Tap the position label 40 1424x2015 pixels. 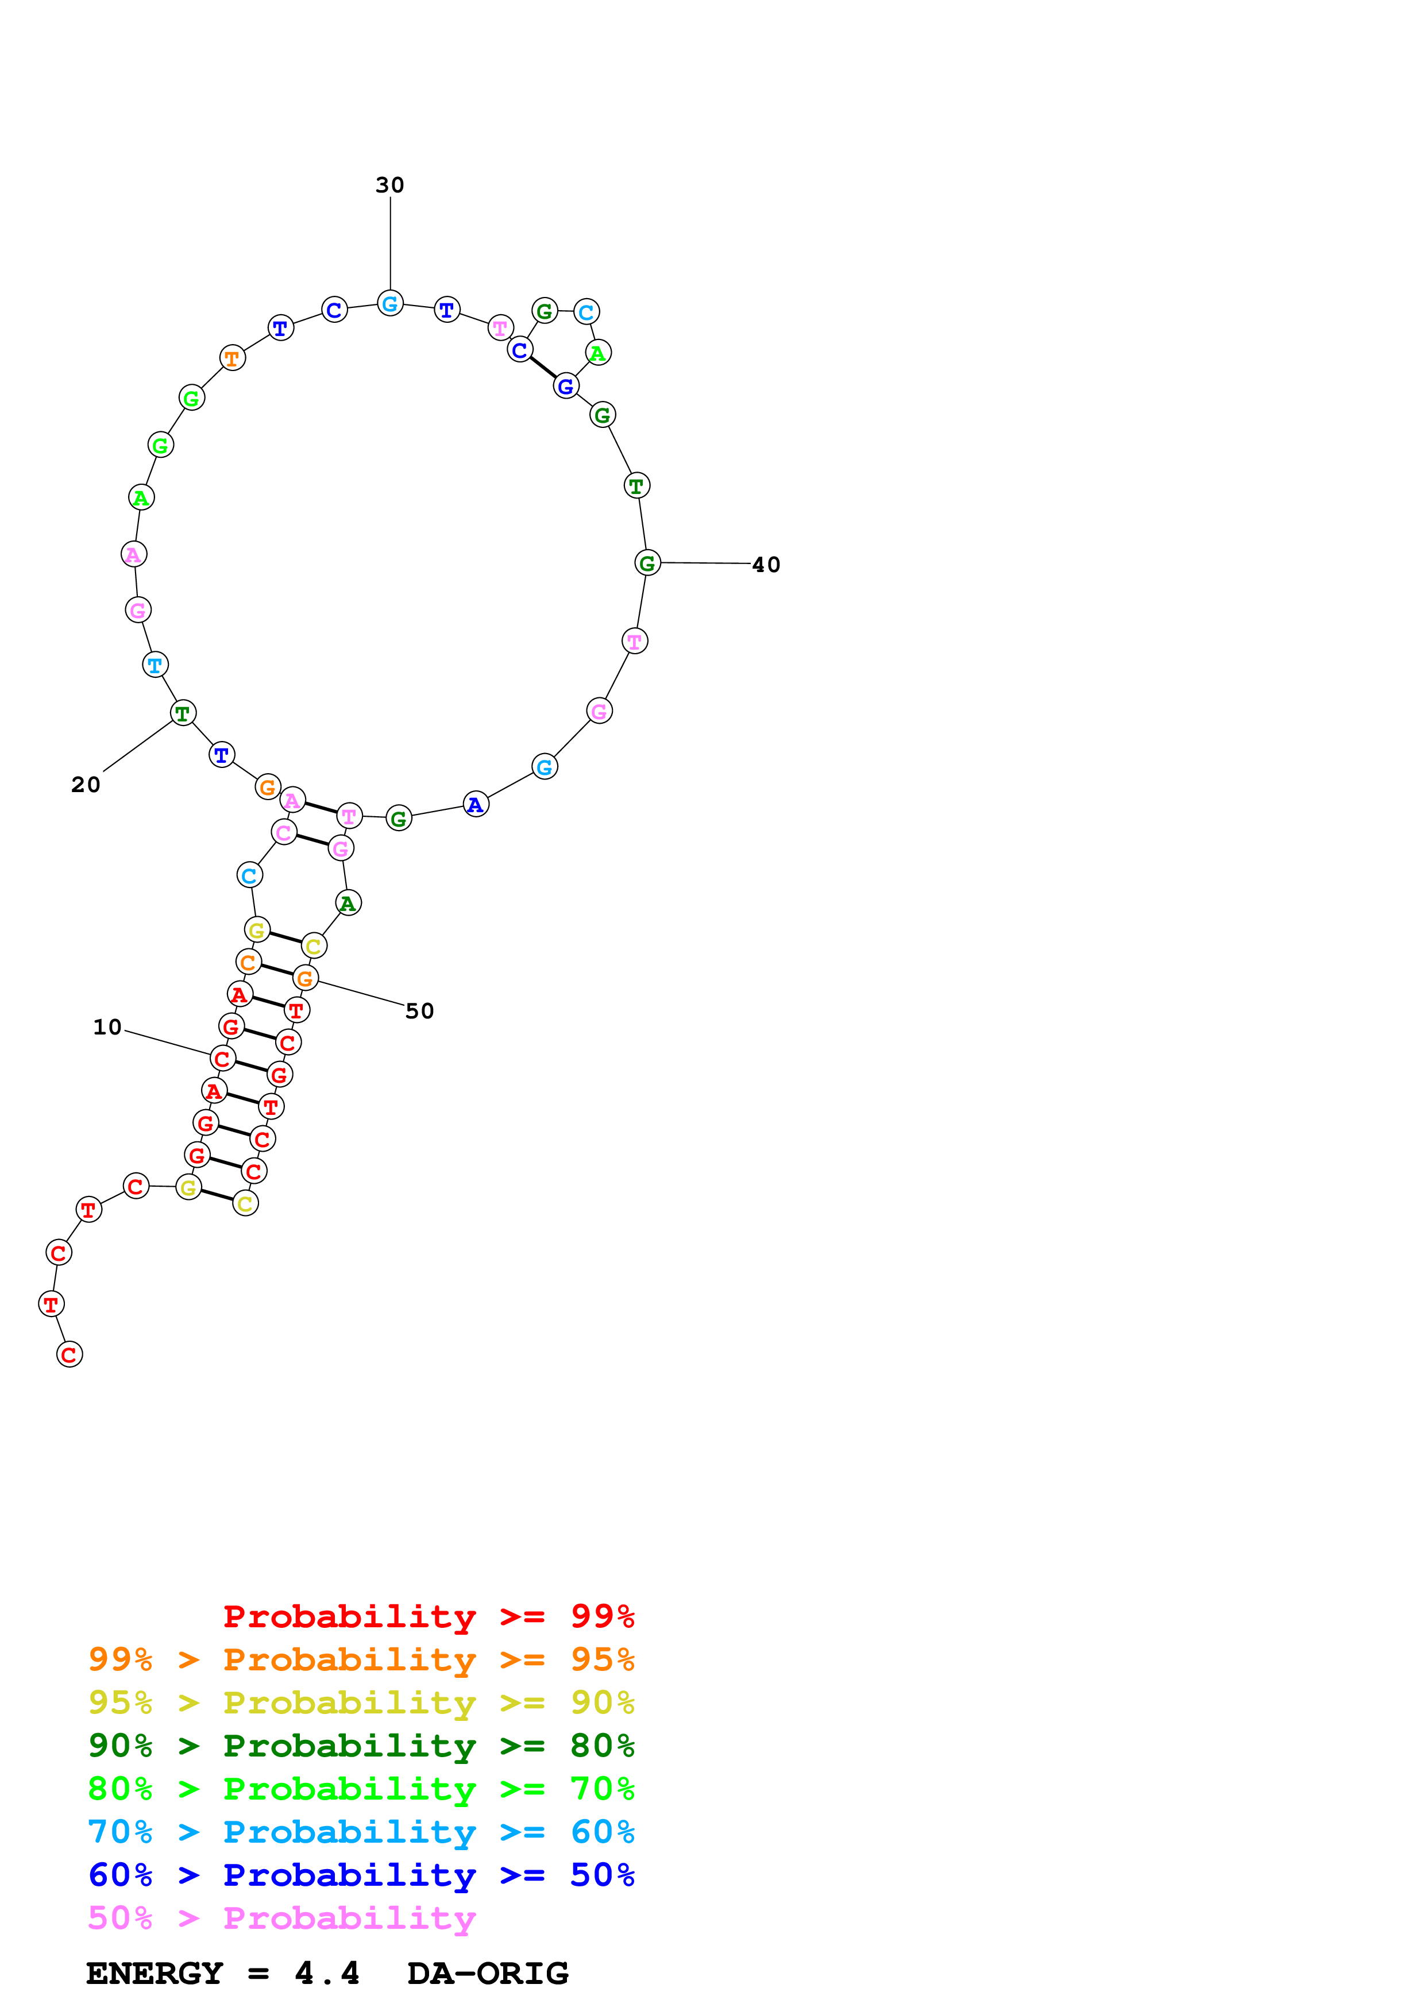(765, 564)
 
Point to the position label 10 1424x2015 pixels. (107, 1027)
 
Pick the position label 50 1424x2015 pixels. (419, 1011)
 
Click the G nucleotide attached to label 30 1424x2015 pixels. (391, 304)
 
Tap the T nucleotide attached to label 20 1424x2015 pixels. (183, 713)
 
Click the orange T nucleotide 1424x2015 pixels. (231, 358)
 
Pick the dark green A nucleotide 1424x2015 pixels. (348, 903)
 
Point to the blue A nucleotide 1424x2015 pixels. (476, 804)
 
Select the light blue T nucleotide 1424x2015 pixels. (155, 665)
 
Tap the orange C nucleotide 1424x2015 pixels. (248, 963)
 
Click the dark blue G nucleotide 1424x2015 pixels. (566, 386)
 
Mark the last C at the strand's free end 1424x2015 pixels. (70, 1354)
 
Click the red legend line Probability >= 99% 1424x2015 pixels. (428, 1616)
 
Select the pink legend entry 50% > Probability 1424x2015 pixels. (281, 1917)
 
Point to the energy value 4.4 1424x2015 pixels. (326, 1973)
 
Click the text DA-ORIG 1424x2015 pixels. (487, 1973)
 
